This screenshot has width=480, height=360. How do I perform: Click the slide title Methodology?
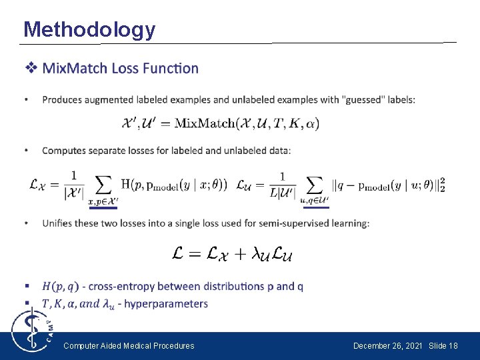click(89, 29)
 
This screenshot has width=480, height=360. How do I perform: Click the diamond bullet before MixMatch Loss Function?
click(31, 68)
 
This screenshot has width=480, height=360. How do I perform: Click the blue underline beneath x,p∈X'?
click(103, 208)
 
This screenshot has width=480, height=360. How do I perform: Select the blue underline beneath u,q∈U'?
click(315, 208)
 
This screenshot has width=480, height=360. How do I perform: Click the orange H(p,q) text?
click(60, 287)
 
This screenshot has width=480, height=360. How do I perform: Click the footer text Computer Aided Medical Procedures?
click(129, 345)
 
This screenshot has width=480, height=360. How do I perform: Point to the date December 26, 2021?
click(388, 345)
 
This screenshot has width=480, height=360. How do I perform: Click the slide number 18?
click(453, 345)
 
